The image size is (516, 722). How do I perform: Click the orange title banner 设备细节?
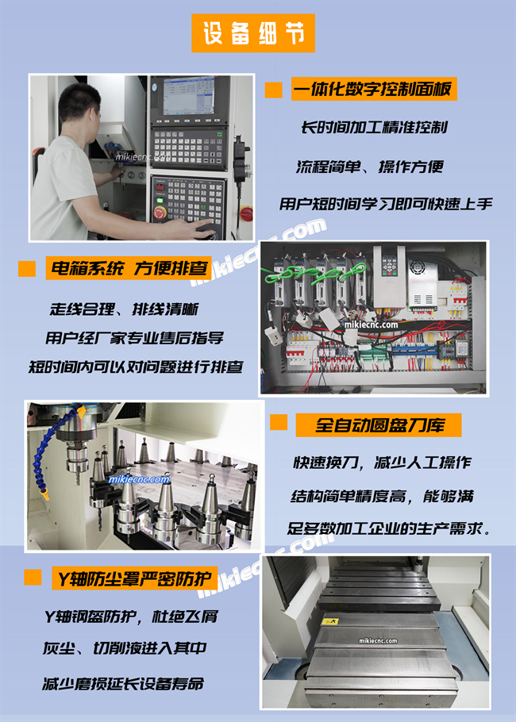pyautogui.click(x=253, y=33)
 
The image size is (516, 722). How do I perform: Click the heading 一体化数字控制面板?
pyautogui.click(x=374, y=89)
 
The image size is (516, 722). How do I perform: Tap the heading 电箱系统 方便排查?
pyautogui.click(x=129, y=268)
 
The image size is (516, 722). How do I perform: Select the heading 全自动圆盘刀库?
pyautogui.click(x=378, y=425)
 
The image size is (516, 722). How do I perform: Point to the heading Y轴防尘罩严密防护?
pyautogui.click(x=134, y=578)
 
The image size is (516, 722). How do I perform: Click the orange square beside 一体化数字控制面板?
pyautogui.click(x=274, y=90)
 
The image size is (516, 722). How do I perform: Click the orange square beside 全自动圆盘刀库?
pyautogui.click(x=279, y=422)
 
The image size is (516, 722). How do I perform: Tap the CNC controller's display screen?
pyautogui.click(x=188, y=95)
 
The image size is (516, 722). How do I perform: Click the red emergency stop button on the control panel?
pyautogui.click(x=160, y=213)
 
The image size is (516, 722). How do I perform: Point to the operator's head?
pyautogui.click(x=80, y=109)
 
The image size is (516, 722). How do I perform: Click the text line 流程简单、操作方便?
pyautogui.click(x=369, y=167)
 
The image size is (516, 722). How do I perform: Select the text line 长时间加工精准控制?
pyautogui.click(x=374, y=127)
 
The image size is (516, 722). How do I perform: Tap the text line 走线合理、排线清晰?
pyautogui.click(x=124, y=309)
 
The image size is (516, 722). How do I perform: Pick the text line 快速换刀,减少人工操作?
pyautogui.click(x=383, y=463)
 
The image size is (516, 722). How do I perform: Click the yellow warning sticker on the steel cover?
pyautogui.click(x=333, y=621)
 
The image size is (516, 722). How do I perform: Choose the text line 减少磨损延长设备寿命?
pyautogui.click(x=123, y=684)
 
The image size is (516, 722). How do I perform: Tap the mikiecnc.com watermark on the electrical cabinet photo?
pyautogui.click(x=371, y=325)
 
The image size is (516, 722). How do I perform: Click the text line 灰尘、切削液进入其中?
pyautogui.click(x=125, y=648)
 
